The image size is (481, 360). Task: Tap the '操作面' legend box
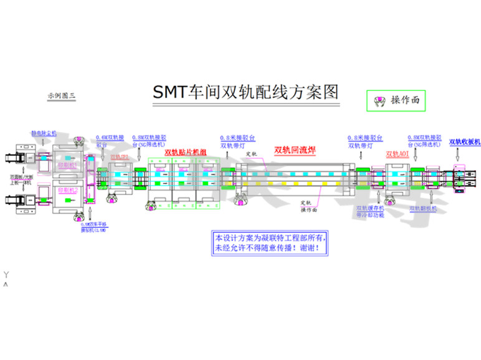397,100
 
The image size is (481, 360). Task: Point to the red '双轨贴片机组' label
185,153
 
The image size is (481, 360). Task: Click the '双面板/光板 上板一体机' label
21,179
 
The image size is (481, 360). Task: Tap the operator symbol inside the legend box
378,100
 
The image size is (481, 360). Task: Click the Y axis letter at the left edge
6,275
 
